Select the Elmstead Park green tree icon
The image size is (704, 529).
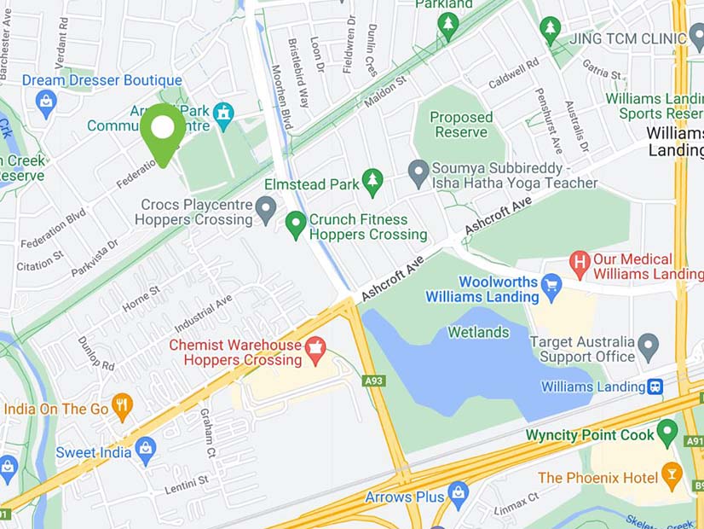(x=372, y=182)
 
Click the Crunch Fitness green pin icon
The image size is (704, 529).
(x=295, y=225)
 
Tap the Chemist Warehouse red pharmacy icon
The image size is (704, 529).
(x=316, y=348)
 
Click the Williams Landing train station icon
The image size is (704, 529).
(x=655, y=387)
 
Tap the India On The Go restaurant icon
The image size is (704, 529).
(x=123, y=407)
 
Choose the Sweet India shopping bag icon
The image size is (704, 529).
(x=146, y=451)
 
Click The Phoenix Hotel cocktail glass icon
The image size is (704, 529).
(x=672, y=474)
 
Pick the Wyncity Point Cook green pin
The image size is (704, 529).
(x=667, y=433)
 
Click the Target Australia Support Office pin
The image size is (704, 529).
(x=649, y=346)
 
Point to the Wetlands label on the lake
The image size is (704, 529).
(x=480, y=332)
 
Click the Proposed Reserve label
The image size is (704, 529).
(x=461, y=125)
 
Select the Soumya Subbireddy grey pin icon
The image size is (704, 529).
(x=418, y=173)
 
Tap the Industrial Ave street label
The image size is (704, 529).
(x=203, y=314)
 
